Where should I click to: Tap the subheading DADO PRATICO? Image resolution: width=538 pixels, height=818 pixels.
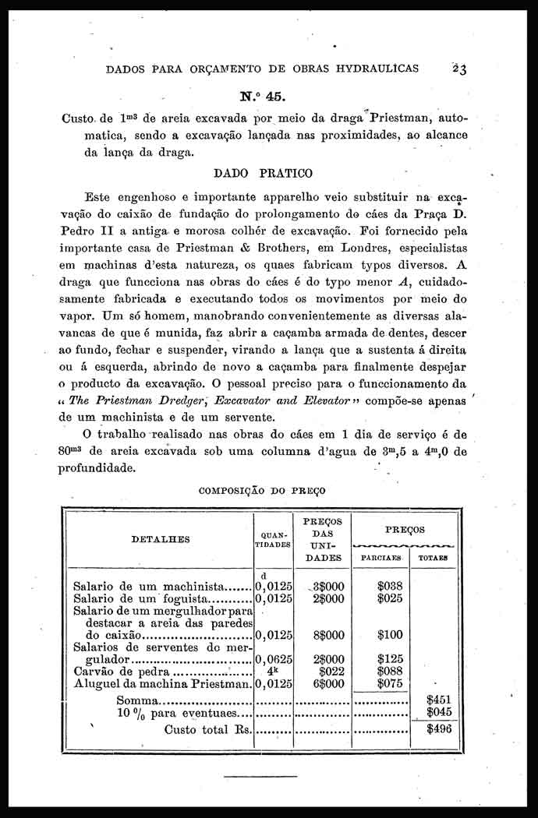pyautogui.click(x=264, y=173)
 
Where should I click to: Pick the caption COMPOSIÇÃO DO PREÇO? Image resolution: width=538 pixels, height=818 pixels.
pyautogui.click(x=262, y=491)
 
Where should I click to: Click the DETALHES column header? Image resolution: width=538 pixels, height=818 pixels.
pyautogui.click(x=161, y=538)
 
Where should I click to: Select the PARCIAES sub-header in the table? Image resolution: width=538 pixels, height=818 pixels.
pyautogui.click(x=381, y=559)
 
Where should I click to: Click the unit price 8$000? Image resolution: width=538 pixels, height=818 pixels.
pyautogui.click(x=324, y=635)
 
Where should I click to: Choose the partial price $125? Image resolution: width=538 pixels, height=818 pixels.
pyautogui.click(x=390, y=659)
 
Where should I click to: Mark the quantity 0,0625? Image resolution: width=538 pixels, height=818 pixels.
pyautogui.click(x=274, y=659)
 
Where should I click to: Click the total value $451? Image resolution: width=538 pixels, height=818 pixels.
pyautogui.click(x=439, y=700)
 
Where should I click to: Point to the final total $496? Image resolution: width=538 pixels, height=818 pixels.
pyautogui.click(x=439, y=730)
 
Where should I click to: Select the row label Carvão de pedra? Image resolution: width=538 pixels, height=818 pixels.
pyautogui.click(x=122, y=672)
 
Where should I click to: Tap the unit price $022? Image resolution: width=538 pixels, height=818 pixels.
pyautogui.click(x=328, y=672)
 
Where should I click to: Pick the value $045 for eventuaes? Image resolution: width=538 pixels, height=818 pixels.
pyautogui.click(x=439, y=712)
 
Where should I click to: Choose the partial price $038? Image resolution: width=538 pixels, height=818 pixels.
pyautogui.click(x=390, y=587)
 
